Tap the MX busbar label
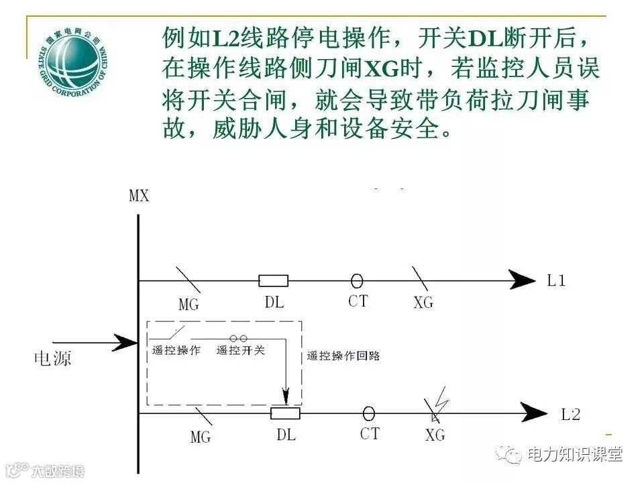point(138,196)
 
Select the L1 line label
point(556,280)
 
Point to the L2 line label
point(570,414)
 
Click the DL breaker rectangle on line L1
point(274,280)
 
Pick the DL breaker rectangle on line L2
point(285,413)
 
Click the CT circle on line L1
point(357,280)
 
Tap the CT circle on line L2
point(368,413)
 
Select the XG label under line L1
point(423,303)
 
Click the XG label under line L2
point(435,435)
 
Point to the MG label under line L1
point(189,304)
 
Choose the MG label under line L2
point(200,437)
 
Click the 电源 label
point(52,358)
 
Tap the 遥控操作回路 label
point(343,356)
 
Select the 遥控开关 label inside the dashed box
point(241,350)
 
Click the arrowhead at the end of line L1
point(522,280)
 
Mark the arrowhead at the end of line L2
point(534,413)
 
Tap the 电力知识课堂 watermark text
point(575,454)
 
